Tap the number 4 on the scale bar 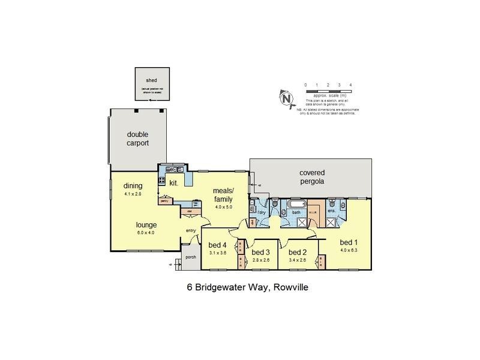pyautogui.click(x=350, y=85)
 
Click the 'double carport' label pyautogui.click(x=137, y=139)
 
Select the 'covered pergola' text pyautogui.click(x=311, y=177)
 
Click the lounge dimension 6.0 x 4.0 pyautogui.click(x=145, y=233)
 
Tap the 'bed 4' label pyautogui.click(x=217, y=245)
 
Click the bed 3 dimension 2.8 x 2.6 pyautogui.click(x=262, y=260)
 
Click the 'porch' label pyautogui.click(x=191, y=257)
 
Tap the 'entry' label pyautogui.click(x=191, y=230)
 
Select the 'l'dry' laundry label pyautogui.click(x=261, y=212)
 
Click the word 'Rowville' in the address pyautogui.click(x=292, y=287)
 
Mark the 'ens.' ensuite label pyautogui.click(x=331, y=211)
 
